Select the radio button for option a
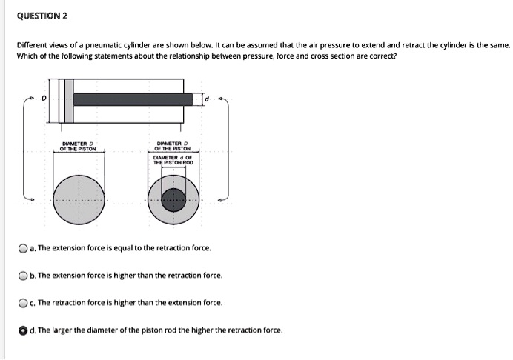(23, 248)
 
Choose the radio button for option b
(23, 276)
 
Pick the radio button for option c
(23, 303)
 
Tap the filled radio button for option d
(23, 330)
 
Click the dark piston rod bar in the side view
(133, 99)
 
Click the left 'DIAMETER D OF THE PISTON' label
(78, 145)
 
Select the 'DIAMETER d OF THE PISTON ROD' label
(173, 159)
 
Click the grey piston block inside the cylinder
(63, 99)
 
